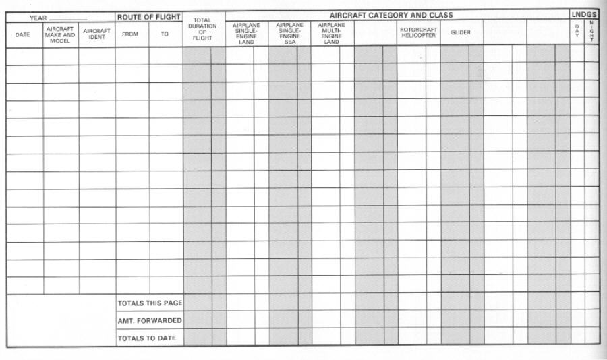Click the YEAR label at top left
click(38, 17)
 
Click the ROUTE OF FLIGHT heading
click(149, 17)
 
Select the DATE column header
click(23, 35)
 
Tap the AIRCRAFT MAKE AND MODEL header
click(60, 35)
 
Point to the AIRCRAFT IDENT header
click(96, 34)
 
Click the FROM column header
click(131, 34)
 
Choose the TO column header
click(165, 34)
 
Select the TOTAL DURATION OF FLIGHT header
click(202, 29)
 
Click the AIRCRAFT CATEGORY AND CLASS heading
click(391, 15)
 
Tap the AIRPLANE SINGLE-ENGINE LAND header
click(246, 34)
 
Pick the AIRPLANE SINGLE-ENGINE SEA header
click(289, 34)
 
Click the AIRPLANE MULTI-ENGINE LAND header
click(331, 34)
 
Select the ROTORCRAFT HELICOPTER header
click(418, 32)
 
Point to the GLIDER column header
click(461, 32)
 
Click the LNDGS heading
click(584, 15)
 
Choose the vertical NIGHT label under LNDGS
click(591, 32)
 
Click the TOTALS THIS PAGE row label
click(150, 303)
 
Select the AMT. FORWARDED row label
click(150, 320)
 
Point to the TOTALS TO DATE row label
click(148, 338)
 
